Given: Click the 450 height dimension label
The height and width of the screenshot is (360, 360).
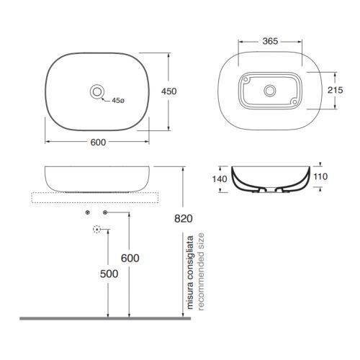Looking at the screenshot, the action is (169, 91).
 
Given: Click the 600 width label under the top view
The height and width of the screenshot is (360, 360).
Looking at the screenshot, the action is (98, 143).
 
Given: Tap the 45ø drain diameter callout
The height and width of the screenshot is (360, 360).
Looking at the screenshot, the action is (118, 101).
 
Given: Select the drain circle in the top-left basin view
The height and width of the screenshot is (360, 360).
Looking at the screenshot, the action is (97, 91).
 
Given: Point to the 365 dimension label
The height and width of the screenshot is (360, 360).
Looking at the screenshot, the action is (270, 41).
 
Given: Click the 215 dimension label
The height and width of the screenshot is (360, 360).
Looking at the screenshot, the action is (336, 90).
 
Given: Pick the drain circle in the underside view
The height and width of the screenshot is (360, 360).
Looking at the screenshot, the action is (270, 91).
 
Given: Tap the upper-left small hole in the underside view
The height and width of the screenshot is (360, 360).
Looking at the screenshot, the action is (246, 79).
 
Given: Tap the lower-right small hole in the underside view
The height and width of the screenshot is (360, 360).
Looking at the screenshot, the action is (294, 102).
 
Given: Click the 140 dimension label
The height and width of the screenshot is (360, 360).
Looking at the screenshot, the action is (220, 179).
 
